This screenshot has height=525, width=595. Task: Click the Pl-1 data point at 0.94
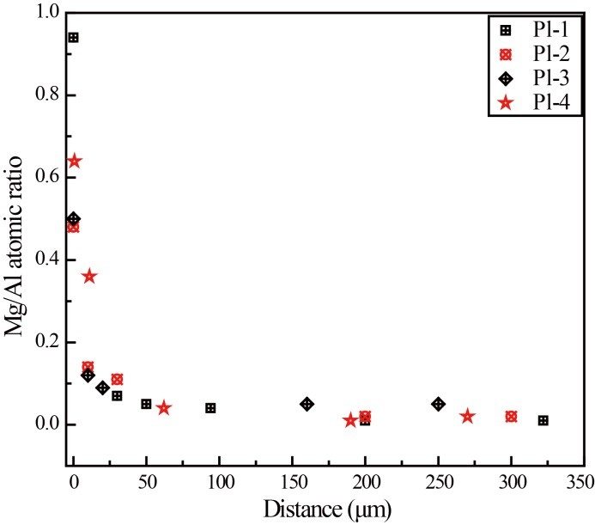point(74,38)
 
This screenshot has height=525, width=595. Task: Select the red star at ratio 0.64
point(75,161)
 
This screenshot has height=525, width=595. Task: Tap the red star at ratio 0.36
point(88,276)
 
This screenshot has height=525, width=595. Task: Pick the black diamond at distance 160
point(307,404)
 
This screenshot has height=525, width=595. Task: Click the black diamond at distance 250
point(439,404)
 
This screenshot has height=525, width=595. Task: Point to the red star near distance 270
point(467,416)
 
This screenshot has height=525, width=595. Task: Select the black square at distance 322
point(543,420)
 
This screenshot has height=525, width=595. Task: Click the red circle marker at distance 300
point(512,416)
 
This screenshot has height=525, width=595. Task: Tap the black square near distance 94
point(210,408)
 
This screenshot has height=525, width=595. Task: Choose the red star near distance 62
point(164,408)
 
